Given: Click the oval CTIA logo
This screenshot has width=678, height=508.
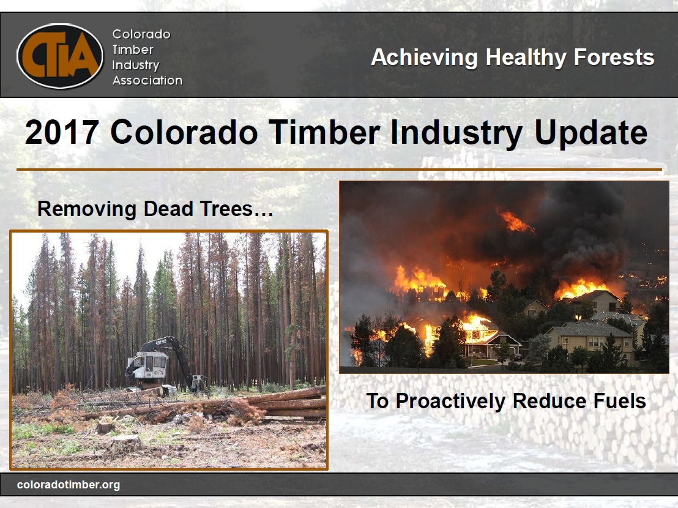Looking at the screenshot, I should [x=60, y=56].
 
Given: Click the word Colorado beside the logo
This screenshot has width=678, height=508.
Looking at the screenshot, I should [x=141, y=34].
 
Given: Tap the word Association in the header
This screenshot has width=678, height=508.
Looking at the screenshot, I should [x=147, y=80].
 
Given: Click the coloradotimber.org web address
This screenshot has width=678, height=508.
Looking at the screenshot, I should [x=69, y=485].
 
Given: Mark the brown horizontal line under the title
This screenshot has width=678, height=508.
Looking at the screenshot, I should [x=339, y=169].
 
